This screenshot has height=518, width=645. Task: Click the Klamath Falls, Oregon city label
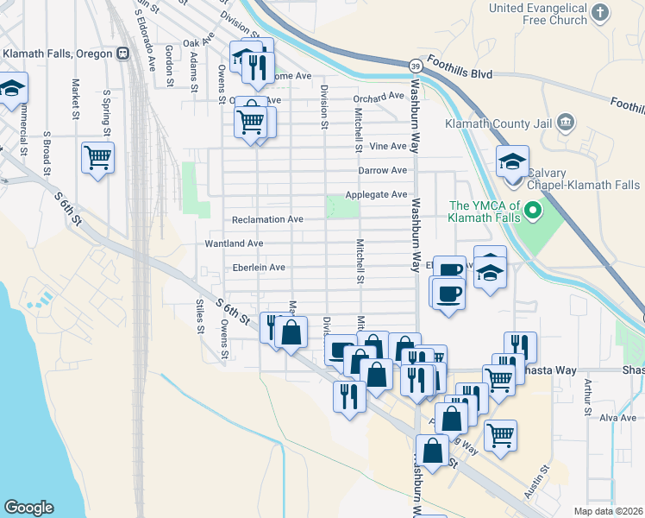pyautogui.click(x=58, y=54)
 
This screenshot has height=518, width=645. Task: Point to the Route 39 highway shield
pyautogui.click(x=416, y=66)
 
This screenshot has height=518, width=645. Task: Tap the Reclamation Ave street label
pyautogui.click(x=266, y=219)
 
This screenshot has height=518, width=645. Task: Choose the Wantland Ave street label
pyautogui.click(x=234, y=244)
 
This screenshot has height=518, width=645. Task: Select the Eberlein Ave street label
pyautogui.click(x=259, y=268)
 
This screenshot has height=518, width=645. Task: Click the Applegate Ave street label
pyautogui.click(x=376, y=195)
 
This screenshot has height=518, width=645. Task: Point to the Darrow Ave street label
pyautogui.click(x=382, y=171)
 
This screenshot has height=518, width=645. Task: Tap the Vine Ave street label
pyautogui.click(x=387, y=147)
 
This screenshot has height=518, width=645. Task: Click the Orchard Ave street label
pyautogui.click(x=378, y=96)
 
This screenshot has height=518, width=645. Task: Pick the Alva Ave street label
pyautogui.click(x=617, y=418)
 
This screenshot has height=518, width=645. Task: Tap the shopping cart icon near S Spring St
pyautogui.click(x=97, y=158)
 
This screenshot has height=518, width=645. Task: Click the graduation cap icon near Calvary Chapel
pyautogui.click(x=512, y=161)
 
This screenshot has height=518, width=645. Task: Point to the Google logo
pyautogui.click(x=28, y=508)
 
